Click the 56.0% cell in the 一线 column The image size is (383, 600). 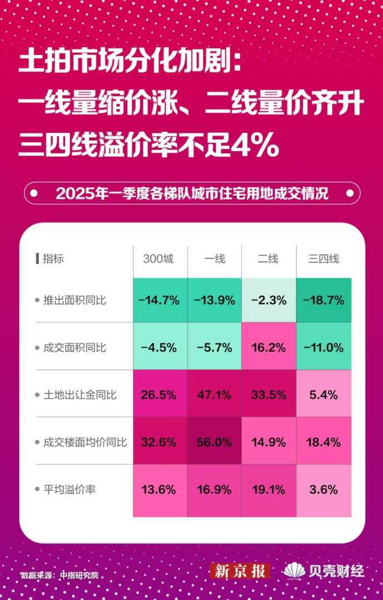point(215,442)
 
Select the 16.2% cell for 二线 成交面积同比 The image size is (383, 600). point(269,348)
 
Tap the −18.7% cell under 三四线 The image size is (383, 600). point(324,301)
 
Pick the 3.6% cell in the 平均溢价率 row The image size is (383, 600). point(324,489)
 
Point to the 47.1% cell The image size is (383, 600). point(215,395)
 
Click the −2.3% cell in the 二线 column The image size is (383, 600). point(269,301)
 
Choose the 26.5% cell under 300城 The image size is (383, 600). point(160,395)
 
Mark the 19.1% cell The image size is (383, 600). point(269,489)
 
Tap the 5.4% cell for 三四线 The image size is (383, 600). point(324,395)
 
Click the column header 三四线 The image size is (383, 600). point(324,259)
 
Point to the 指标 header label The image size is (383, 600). point(53,259)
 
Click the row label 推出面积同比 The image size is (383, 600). point(74,301)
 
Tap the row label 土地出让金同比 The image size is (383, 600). point(79,395)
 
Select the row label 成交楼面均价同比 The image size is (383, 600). point(84,443)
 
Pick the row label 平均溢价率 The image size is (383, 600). point(69,489)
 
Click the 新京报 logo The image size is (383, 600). point(240,571)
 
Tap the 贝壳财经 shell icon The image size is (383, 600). point(294,571)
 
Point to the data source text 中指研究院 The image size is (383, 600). point(79,575)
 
